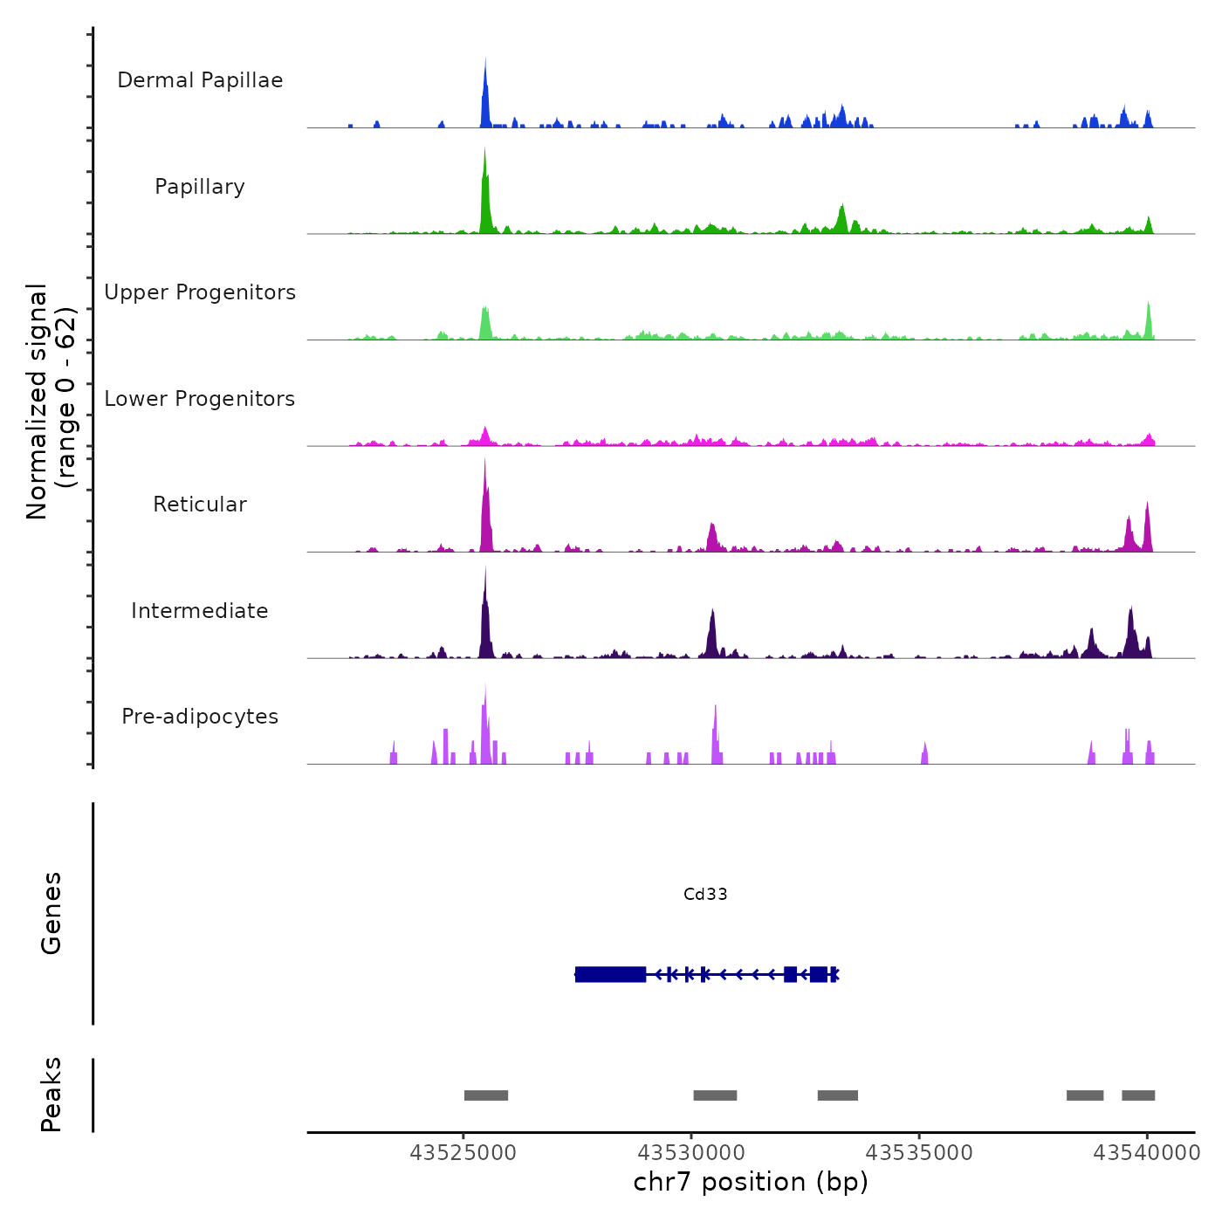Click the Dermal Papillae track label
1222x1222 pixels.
200,80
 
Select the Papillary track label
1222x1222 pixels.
200,187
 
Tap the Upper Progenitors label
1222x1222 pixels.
200,292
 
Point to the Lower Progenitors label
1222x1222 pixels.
200,399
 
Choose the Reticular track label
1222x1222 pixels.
200,505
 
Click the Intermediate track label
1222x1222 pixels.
200,611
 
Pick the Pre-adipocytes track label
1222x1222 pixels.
200,717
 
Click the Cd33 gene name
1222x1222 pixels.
705,894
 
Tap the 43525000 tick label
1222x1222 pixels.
463,1153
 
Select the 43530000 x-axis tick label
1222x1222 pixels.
691,1153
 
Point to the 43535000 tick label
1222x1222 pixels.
919,1153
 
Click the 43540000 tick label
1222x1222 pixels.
1147,1153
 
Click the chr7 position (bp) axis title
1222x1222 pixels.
751,1182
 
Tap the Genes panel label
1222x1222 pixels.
51,913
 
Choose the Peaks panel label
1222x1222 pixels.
51,1095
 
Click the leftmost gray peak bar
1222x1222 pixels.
486,1095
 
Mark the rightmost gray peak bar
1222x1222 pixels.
1138,1095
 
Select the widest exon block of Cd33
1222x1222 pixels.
611,974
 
